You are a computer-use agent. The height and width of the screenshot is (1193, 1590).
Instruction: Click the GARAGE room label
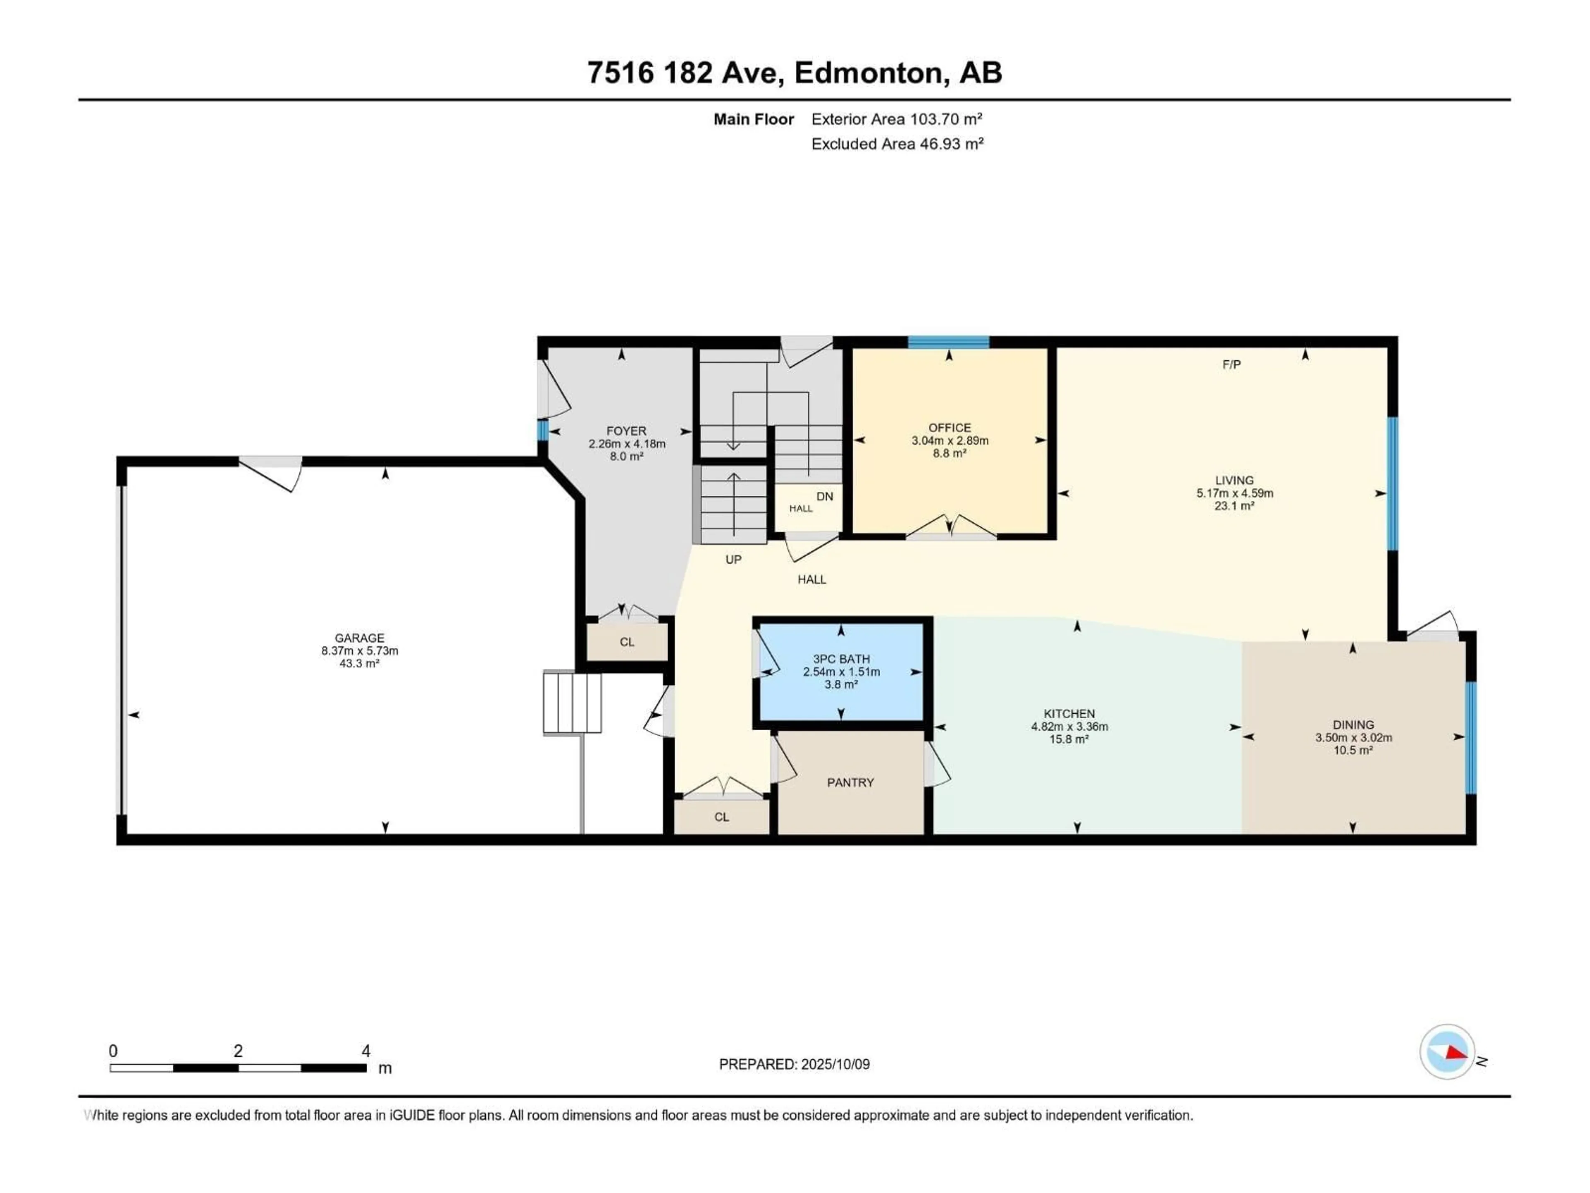[359, 638]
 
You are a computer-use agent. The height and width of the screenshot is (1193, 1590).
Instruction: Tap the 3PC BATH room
[841, 671]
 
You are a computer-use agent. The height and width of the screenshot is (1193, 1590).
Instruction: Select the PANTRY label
[850, 782]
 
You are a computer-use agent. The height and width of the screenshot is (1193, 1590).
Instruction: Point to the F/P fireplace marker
[1231, 365]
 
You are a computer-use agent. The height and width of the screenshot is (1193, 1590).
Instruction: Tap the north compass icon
[1447, 1051]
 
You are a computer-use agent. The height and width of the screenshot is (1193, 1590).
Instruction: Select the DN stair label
[824, 496]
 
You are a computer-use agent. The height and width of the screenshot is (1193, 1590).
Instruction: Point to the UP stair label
[733, 560]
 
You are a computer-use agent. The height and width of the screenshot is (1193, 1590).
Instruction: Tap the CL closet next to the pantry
[722, 817]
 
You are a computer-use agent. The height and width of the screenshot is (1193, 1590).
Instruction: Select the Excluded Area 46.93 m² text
[897, 144]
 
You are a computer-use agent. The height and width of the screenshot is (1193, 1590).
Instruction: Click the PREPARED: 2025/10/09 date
[794, 1064]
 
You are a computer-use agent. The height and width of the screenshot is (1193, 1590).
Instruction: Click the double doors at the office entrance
[950, 529]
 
